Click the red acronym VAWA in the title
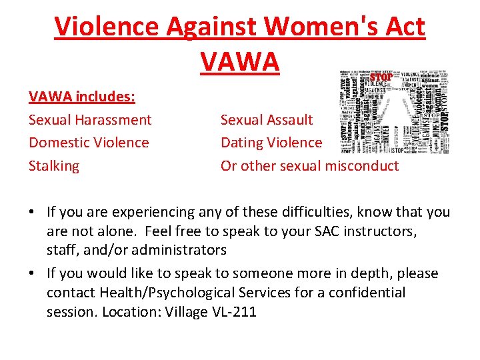pyautogui.click(x=239, y=61)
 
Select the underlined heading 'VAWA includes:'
pyautogui.click(x=82, y=97)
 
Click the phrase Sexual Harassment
pyautogui.click(x=90, y=120)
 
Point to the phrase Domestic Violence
pyautogui.click(x=89, y=143)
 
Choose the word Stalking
pyautogui.click(x=54, y=165)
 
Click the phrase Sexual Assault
pyautogui.click(x=267, y=120)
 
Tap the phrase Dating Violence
pyautogui.click(x=271, y=143)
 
